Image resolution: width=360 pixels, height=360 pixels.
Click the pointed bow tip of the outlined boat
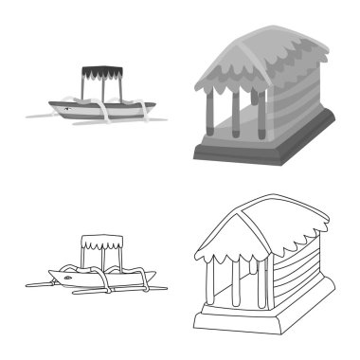click(49, 272)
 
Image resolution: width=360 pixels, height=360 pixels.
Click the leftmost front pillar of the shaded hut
click(206, 119)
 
